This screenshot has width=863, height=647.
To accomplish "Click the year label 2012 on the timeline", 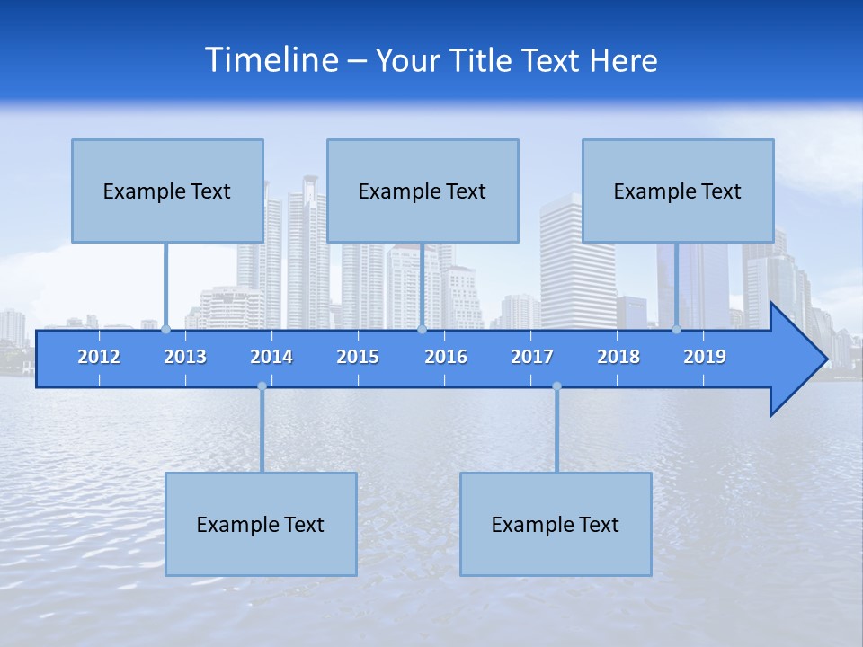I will click(99, 357).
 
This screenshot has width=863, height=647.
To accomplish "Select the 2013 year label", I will click(185, 357).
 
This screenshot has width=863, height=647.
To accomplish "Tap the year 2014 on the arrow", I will click(271, 357).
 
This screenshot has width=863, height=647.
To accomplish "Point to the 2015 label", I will click(358, 357).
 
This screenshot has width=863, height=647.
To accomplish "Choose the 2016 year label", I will click(446, 357).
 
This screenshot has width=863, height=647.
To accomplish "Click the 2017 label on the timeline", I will click(532, 357).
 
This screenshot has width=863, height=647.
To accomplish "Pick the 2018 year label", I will click(618, 357).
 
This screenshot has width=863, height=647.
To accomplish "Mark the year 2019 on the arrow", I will click(705, 357).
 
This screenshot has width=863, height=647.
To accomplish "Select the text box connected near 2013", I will click(167, 191).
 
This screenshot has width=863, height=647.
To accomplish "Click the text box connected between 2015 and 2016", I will click(423, 191).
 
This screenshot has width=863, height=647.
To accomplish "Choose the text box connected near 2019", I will click(678, 191).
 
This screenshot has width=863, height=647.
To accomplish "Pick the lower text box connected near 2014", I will click(261, 524).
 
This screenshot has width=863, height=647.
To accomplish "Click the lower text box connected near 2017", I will click(556, 524).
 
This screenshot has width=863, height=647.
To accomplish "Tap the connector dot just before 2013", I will click(165, 330).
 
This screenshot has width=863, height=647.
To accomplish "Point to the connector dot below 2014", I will click(262, 386).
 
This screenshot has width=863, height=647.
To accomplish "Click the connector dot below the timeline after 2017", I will click(556, 386).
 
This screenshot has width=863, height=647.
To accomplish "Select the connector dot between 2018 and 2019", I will click(676, 330).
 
